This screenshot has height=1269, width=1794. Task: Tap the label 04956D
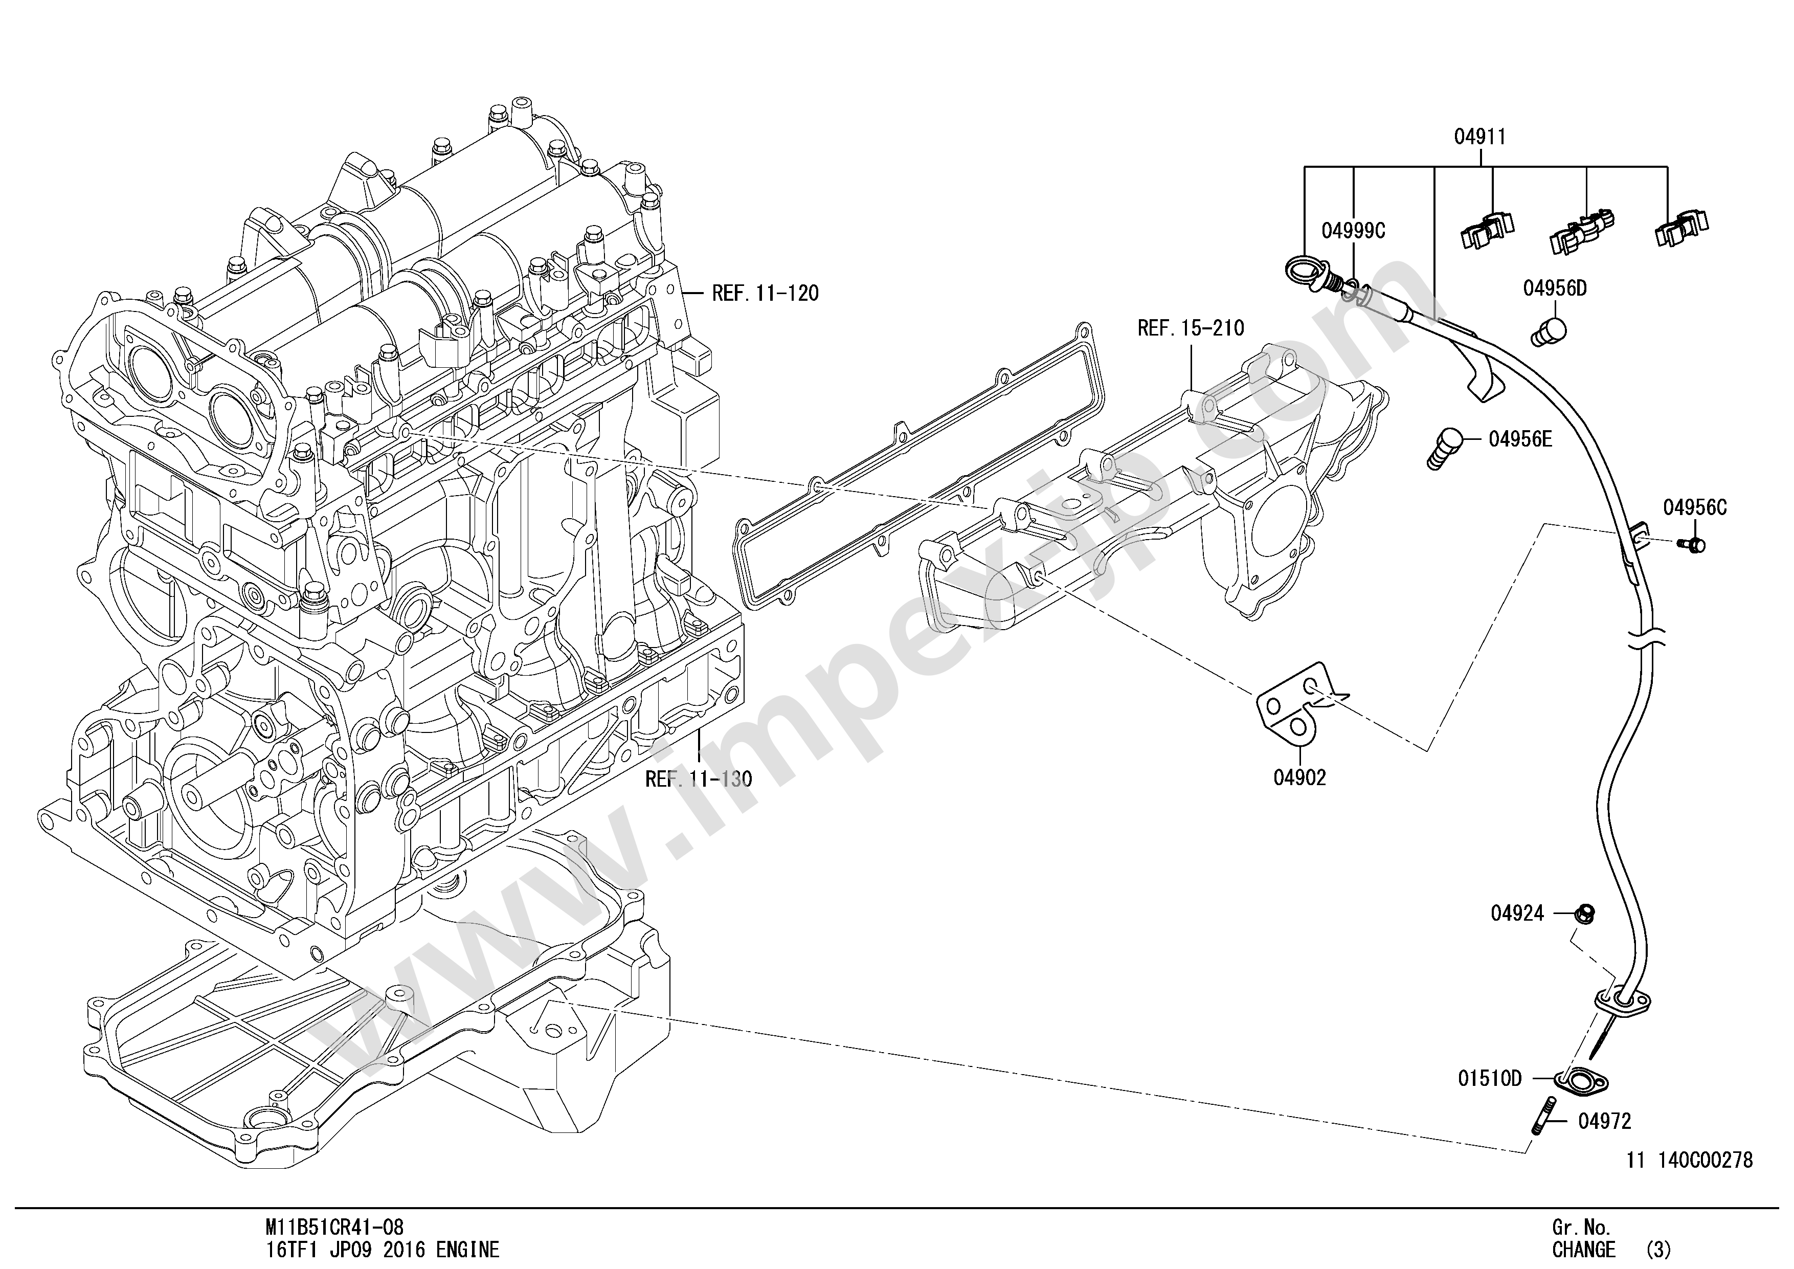[x=1555, y=288]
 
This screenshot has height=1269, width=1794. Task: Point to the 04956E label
[x=1520, y=439]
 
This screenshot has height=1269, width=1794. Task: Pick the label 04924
[x=1517, y=914]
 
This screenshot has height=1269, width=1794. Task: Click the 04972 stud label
[x=1604, y=1122]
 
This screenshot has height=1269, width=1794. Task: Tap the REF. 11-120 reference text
[x=765, y=294]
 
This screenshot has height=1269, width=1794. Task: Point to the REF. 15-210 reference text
[x=1190, y=328]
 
